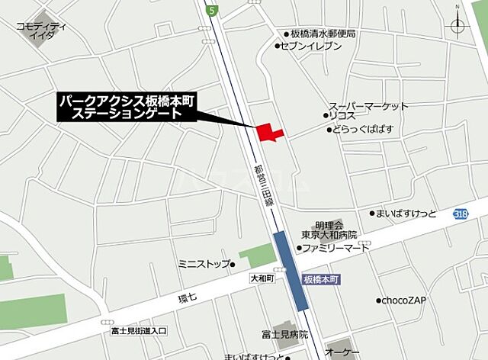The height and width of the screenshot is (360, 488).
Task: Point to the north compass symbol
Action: click(457, 25)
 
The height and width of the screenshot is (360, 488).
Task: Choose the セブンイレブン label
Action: click(312, 47)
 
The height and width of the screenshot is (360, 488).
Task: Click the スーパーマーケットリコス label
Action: click(368, 111)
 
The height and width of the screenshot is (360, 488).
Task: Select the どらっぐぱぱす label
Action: click(362, 130)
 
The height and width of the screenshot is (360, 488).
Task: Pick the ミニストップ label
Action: click(203, 264)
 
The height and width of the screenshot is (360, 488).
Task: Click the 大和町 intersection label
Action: click(260, 279)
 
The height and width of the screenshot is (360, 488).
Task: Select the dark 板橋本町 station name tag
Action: click(320, 280)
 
